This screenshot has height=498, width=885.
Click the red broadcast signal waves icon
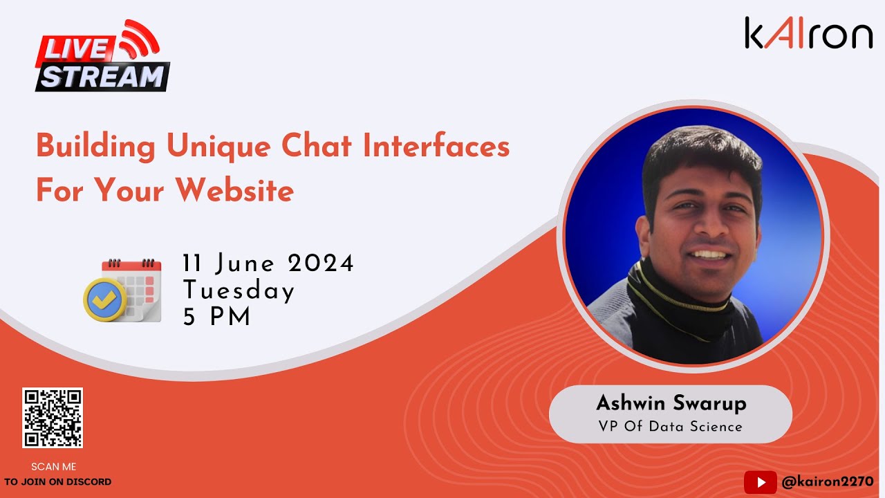(x=138, y=39)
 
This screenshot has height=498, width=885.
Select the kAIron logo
(x=808, y=33)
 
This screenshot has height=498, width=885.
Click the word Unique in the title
(x=207, y=147)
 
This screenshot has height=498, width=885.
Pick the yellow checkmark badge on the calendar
(x=104, y=299)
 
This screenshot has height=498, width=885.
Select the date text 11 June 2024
(x=268, y=264)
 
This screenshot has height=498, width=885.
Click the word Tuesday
(x=239, y=290)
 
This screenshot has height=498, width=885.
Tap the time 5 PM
(x=217, y=316)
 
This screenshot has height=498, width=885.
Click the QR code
(x=53, y=418)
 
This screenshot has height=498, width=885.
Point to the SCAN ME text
(x=54, y=467)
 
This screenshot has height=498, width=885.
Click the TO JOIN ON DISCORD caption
(x=57, y=481)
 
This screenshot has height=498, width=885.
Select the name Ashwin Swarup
(x=671, y=403)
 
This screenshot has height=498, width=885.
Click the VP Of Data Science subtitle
(x=670, y=426)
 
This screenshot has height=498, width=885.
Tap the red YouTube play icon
(x=760, y=481)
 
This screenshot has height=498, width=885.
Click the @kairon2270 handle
(x=827, y=481)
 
